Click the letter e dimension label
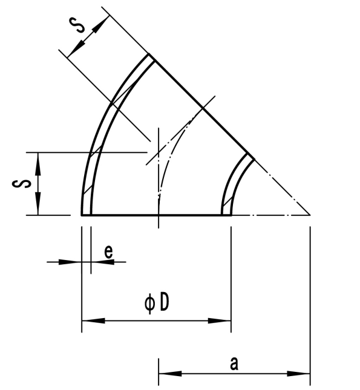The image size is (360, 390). [x=108, y=253]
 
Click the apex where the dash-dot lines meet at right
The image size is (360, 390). [x=310, y=215]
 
